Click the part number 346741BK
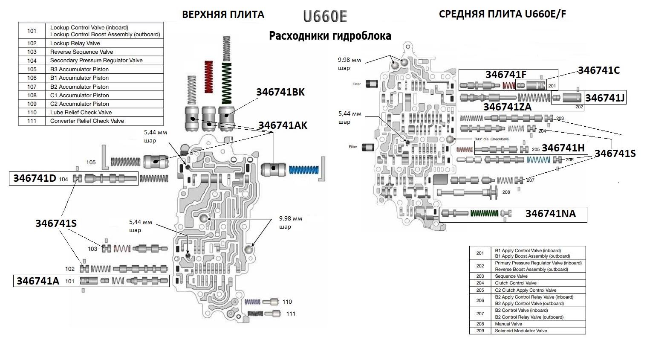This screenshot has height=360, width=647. [280, 92]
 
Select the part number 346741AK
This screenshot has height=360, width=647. [282, 125]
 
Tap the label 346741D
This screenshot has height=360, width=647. [35, 178]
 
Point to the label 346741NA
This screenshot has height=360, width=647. [550, 214]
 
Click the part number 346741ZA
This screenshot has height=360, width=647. [507, 107]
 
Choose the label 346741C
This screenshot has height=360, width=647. [598, 70]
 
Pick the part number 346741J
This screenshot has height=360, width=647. [605, 98]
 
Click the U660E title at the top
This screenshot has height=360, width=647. [325, 16]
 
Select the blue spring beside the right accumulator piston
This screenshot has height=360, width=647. [304, 169]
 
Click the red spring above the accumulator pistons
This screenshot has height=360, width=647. [209, 77]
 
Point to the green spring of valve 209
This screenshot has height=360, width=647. [484, 213]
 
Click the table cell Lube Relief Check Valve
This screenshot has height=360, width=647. [81, 113]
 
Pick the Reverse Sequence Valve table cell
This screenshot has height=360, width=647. [81, 52]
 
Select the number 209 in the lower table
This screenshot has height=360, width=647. [480, 331]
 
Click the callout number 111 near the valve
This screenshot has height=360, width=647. [291, 314]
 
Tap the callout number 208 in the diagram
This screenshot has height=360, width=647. [506, 192]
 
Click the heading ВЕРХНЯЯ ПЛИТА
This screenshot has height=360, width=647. [223, 15]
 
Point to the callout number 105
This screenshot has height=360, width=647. [91, 163]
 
